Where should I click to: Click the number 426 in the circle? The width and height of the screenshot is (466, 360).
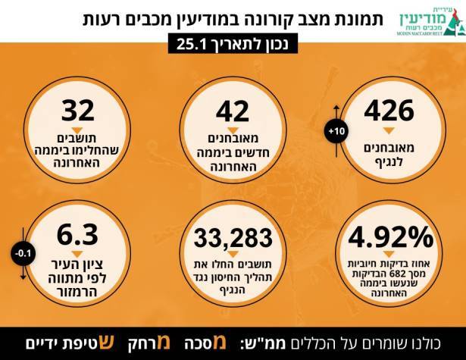pyautogui.click(x=393, y=111)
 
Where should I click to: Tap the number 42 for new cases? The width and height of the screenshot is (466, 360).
pyautogui.click(x=233, y=111)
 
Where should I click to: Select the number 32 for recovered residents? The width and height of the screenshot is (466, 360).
pyautogui.click(x=78, y=110)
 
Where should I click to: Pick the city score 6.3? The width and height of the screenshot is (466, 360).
pyautogui.click(x=78, y=230)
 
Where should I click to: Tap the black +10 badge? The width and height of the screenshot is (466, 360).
pyautogui.click(x=336, y=133)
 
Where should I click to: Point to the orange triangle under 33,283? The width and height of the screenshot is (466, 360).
pyautogui.click(x=233, y=257)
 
